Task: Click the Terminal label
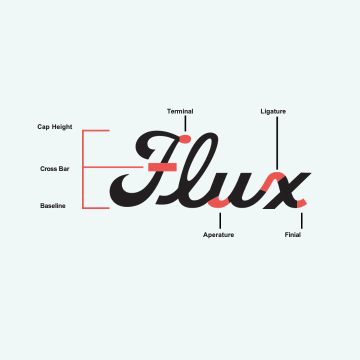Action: [x=180, y=111]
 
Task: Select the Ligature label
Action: [x=273, y=111]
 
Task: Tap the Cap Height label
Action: [x=54, y=127]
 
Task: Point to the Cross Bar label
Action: [x=54, y=169]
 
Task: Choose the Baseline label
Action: [x=52, y=206]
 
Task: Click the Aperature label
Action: [x=218, y=234]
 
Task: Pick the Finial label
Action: [x=292, y=234]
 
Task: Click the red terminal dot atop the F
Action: [x=184, y=138]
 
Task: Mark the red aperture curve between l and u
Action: [x=219, y=202]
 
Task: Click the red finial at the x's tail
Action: [x=301, y=202]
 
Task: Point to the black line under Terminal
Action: [x=185, y=123]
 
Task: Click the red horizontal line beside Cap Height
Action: [x=96, y=130]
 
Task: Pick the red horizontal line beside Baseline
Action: [x=96, y=207]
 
